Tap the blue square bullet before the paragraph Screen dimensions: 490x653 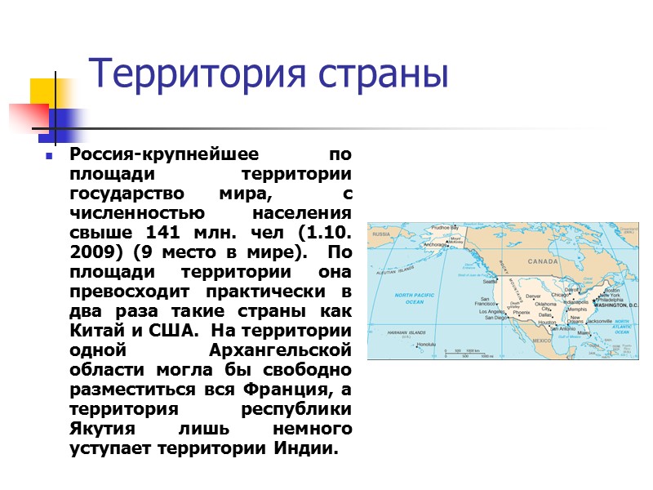[49, 155]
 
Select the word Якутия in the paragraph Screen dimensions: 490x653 [101, 429]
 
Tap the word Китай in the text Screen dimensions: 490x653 [94, 332]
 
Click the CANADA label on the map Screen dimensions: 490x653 [542, 262]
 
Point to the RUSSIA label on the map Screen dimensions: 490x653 [380, 233]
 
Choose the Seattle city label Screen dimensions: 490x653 [491, 282]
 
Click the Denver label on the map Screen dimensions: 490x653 [533, 296]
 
